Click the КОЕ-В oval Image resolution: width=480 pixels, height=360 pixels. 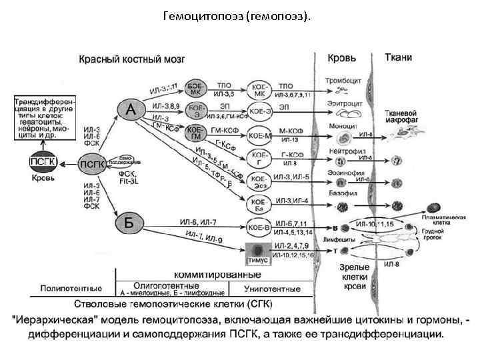coord(259,225)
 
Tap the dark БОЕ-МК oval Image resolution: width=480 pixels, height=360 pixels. coord(196,89)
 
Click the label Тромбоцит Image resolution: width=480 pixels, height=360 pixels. coord(343,81)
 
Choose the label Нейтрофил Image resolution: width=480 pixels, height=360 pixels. coord(344,151)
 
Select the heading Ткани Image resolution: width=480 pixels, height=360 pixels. coord(398,58)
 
